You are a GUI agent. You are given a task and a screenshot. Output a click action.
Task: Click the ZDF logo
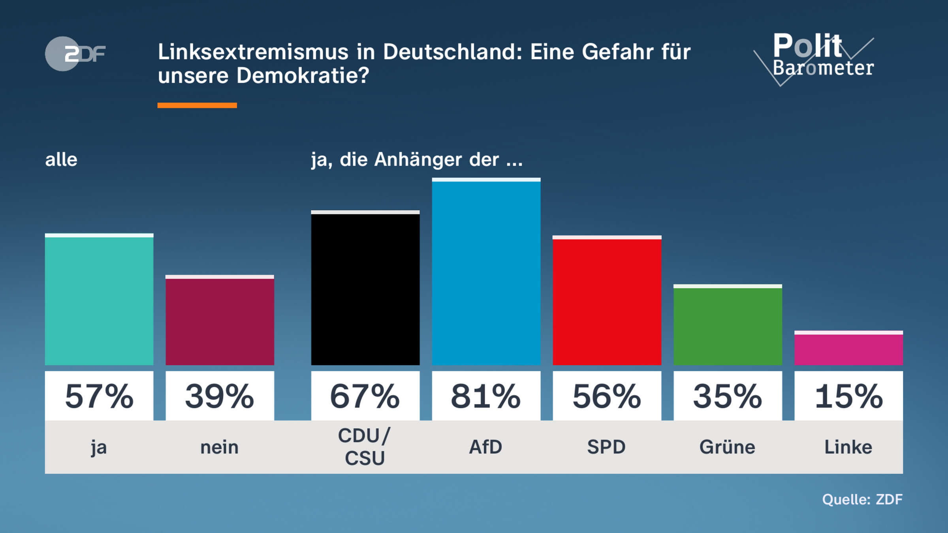point(75,54)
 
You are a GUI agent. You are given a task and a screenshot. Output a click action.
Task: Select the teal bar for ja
point(99,300)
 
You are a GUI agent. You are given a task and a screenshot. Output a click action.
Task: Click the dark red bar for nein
point(220,321)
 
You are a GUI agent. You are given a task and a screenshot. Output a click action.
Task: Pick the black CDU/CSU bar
point(365,288)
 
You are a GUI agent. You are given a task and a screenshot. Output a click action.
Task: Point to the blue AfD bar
point(486,272)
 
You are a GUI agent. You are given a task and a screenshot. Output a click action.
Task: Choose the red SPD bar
point(607,301)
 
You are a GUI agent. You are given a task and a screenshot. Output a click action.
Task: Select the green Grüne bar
point(728,325)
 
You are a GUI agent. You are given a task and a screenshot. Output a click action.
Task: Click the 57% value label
point(99,396)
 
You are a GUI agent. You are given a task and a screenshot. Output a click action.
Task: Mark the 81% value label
point(486,396)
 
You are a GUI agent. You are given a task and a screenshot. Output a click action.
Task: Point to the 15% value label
point(848,396)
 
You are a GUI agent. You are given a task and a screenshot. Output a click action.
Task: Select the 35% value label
point(728,396)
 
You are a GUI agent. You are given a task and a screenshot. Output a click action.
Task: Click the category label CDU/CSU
point(365,447)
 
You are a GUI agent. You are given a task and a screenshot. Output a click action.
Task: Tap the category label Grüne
point(727,447)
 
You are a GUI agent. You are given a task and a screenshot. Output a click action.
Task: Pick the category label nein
point(220,447)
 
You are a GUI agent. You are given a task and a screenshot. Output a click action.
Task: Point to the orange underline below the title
point(197,105)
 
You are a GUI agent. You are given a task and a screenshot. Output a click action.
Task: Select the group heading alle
point(61,160)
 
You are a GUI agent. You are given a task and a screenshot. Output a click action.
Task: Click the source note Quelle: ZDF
point(862,499)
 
